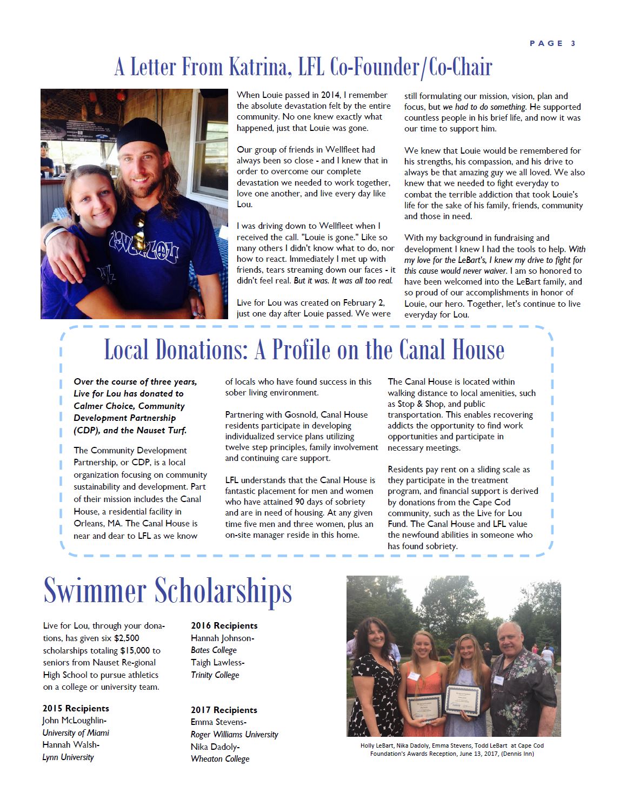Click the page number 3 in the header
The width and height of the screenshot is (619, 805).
tap(573, 43)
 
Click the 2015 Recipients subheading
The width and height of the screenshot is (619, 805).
tap(76, 708)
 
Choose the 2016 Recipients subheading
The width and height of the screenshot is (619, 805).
tap(224, 625)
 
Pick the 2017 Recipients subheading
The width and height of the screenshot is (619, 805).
tap(224, 710)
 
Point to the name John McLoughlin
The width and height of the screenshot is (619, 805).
tap(74, 721)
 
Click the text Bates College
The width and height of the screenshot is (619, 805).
tap(214, 650)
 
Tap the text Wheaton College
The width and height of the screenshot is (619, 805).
tap(220, 759)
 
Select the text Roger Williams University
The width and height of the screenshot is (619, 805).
tap(234, 735)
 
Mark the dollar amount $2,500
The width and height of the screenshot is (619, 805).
tap(127, 638)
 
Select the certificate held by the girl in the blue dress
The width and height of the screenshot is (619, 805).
tap(463, 701)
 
